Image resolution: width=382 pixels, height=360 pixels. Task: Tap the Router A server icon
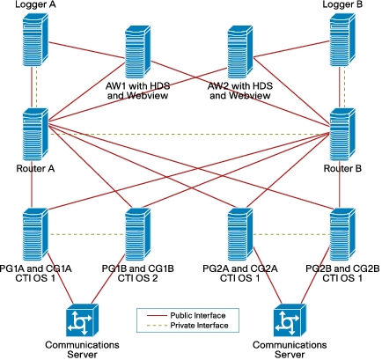pos(35,135)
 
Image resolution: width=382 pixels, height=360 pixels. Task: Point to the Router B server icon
pos(342,135)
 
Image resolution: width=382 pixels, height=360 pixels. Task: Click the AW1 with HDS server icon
pos(138,52)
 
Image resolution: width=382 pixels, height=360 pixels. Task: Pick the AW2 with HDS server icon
pos(240,52)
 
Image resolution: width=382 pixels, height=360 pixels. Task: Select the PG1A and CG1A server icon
pos(35,235)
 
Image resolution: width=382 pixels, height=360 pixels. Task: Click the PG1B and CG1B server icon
pos(138,235)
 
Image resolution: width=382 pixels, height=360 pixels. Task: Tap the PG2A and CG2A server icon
pos(240,235)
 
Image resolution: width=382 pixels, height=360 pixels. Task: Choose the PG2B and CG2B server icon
pos(342,235)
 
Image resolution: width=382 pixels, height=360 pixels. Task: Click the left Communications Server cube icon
pos(82,320)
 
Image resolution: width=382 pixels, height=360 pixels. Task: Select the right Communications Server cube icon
pos(290,320)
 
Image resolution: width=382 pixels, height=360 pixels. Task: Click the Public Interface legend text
pos(198,315)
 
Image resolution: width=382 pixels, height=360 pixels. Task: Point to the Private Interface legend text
pos(199,325)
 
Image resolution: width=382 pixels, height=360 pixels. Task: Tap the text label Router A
pos(35,169)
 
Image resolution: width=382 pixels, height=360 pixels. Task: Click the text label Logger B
pos(342,4)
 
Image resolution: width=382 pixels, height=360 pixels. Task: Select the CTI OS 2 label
pos(137,278)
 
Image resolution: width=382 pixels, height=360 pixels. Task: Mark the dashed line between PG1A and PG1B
pos(86,234)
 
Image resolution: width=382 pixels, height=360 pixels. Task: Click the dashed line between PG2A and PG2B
pos(291,234)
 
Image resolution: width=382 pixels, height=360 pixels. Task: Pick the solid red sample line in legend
pos(157,316)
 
